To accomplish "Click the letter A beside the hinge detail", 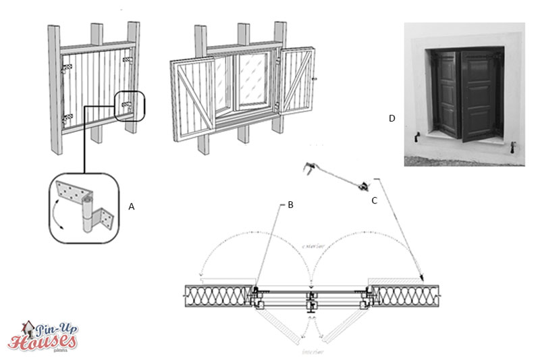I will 132,207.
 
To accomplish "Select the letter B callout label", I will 290,205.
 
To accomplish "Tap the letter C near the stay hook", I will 374,201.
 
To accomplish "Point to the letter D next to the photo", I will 391,119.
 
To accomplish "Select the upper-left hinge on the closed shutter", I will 65,69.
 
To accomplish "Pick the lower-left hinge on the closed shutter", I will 66,120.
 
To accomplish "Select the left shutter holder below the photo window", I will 418,137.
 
